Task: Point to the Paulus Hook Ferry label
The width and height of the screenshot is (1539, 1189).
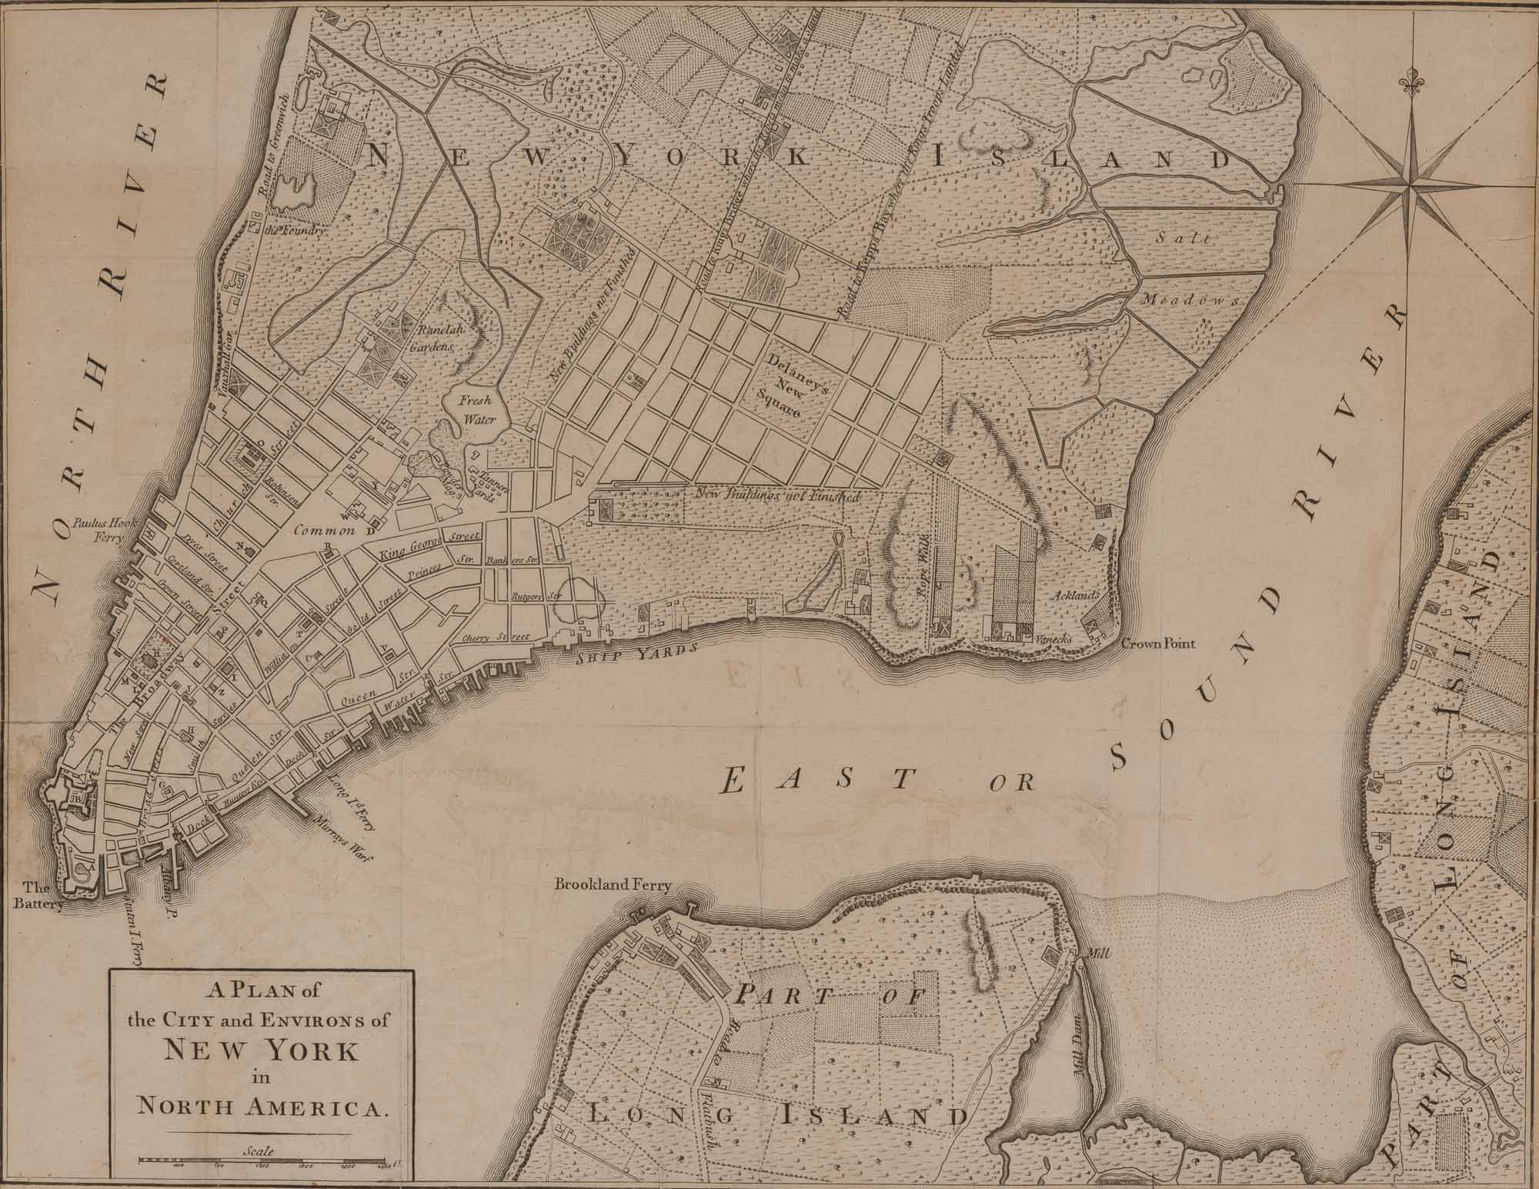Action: (x=102, y=529)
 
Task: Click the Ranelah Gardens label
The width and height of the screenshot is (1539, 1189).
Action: (x=433, y=336)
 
